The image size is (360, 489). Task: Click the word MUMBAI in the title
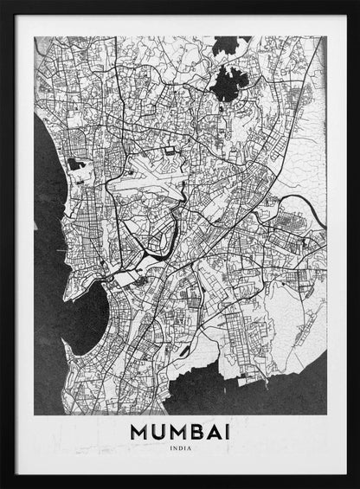coord(181,431)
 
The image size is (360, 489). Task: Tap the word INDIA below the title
coord(181,448)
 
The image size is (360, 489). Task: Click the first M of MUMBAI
coord(134,431)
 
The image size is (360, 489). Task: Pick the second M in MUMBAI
coord(173,431)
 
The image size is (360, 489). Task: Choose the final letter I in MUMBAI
coord(227,431)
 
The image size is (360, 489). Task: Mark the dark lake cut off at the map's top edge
coord(230,43)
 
